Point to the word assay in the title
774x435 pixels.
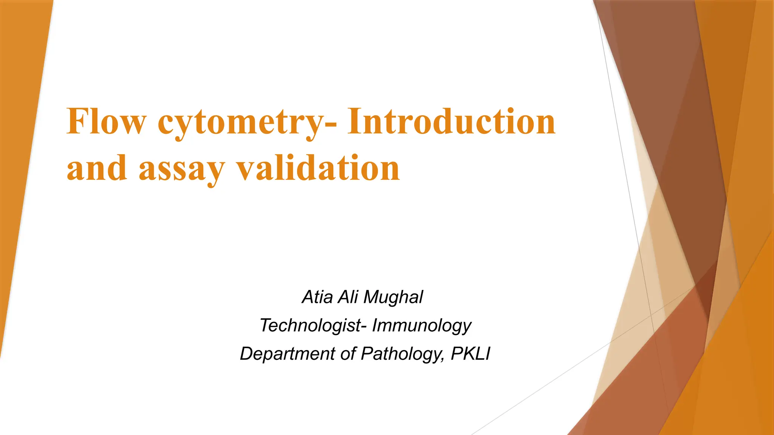(182, 169)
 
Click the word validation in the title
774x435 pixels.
(318, 168)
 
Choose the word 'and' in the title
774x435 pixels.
(97, 168)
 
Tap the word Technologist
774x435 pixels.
(310, 325)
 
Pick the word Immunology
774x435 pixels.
(421, 325)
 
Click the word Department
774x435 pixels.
(288, 354)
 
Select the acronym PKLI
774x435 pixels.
(471, 354)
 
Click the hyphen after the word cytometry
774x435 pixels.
(331, 124)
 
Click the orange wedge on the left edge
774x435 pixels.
(19, 151)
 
